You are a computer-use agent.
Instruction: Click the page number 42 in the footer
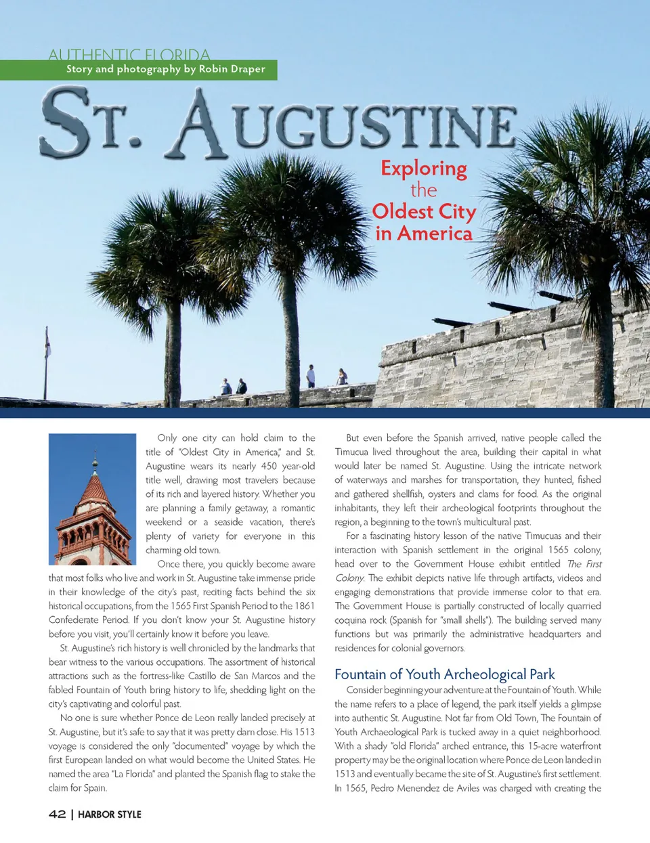tap(57, 814)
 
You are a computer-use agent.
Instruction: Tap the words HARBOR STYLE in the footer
tap(110, 815)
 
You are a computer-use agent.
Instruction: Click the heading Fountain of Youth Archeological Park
tap(444, 674)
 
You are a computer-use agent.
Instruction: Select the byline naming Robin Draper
tap(165, 69)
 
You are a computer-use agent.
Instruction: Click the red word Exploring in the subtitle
tap(424, 168)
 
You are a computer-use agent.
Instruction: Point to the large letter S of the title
tap(66, 123)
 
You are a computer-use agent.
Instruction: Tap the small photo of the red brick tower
tap(92, 500)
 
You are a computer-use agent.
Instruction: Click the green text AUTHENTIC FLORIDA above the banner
tap(129, 54)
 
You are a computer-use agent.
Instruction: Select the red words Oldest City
tap(424, 211)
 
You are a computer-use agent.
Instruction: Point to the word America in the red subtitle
tap(435, 234)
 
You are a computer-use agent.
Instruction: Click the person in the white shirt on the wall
tap(311, 376)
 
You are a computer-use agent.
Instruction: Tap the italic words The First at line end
tap(584, 564)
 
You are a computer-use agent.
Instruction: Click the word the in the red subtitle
tap(423, 190)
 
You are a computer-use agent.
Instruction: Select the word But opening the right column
tap(352, 438)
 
